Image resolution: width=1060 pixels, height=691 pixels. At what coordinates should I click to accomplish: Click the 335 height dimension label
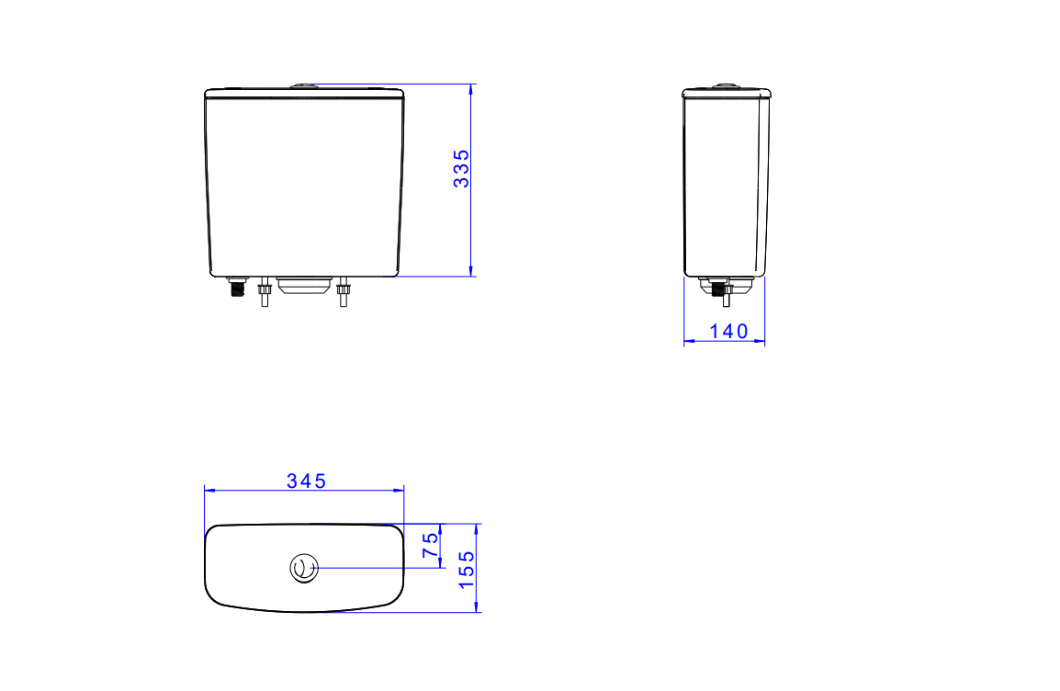click(x=461, y=168)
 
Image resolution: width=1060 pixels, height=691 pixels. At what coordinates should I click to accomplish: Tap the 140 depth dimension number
click(x=728, y=332)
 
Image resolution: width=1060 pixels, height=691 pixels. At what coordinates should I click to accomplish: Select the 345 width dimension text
click(x=306, y=481)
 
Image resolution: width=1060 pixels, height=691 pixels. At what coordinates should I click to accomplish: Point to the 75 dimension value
click(x=430, y=545)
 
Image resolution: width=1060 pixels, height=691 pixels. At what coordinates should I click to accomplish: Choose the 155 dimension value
click(x=467, y=570)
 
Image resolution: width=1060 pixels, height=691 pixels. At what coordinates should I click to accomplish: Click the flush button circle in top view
click(x=304, y=569)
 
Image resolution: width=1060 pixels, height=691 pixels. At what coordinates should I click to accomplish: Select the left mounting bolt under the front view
click(x=265, y=291)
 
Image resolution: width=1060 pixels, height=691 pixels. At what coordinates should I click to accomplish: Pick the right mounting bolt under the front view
click(x=343, y=291)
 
